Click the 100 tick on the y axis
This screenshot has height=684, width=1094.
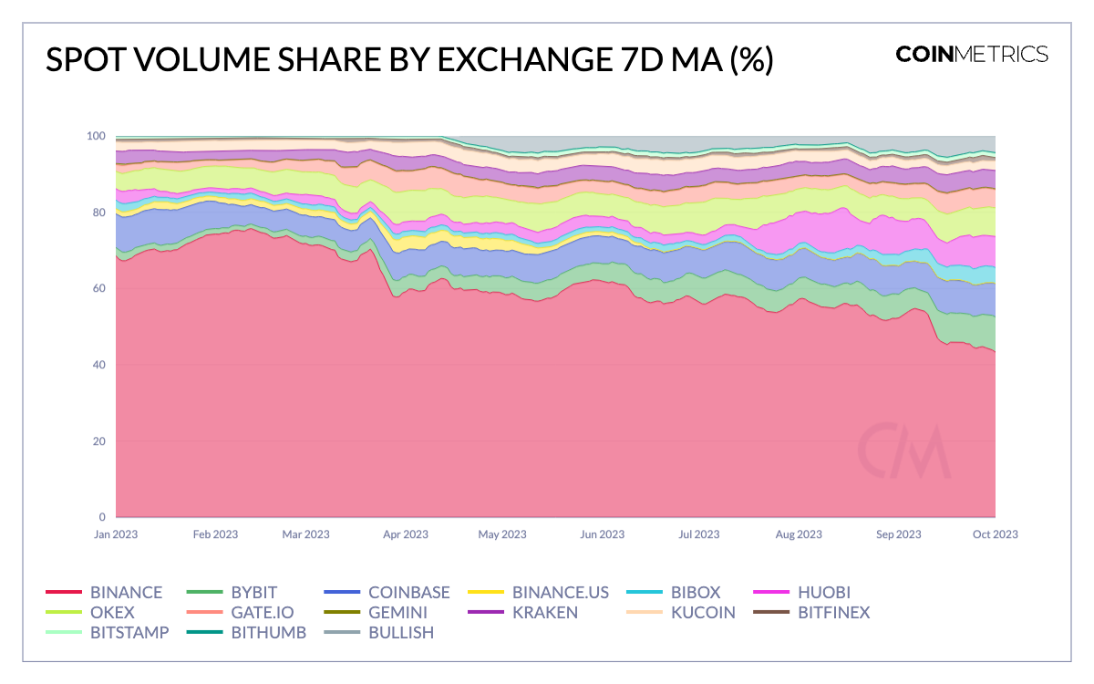click(x=96, y=136)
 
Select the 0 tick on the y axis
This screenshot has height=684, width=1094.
click(x=102, y=517)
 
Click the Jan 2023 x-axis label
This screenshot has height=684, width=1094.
click(x=116, y=534)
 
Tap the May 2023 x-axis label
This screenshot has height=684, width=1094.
click(x=501, y=534)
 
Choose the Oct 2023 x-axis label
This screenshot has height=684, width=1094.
click(x=995, y=534)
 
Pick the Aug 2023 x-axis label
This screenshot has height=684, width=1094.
click(x=798, y=534)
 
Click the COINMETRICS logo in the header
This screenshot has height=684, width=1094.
click(x=972, y=54)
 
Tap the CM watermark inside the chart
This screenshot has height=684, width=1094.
click(x=903, y=451)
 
